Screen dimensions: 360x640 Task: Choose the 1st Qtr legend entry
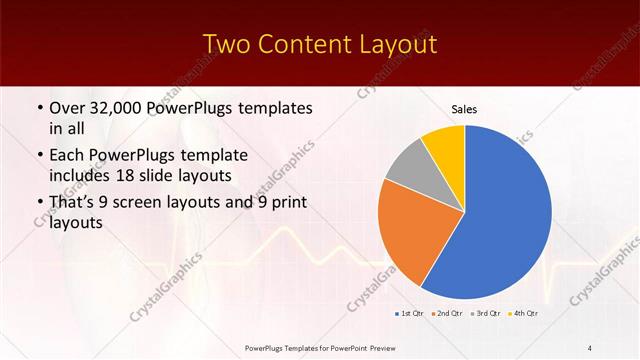tap(410, 314)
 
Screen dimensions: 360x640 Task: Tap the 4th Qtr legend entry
tap(524, 314)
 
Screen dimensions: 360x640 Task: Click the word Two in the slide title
tap(226, 46)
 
